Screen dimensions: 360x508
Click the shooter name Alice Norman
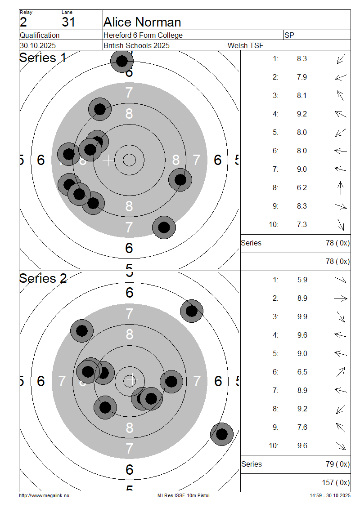click(142, 22)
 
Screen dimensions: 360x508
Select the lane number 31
click(68, 22)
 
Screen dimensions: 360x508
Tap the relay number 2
click(23, 22)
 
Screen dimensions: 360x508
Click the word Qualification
click(40, 36)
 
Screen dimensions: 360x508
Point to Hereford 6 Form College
click(143, 36)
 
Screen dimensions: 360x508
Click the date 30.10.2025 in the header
click(38, 46)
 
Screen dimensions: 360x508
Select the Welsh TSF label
click(245, 46)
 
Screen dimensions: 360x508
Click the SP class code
click(289, 36)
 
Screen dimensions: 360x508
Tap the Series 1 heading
click(42, 58)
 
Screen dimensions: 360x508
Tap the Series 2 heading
click(43, 279)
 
